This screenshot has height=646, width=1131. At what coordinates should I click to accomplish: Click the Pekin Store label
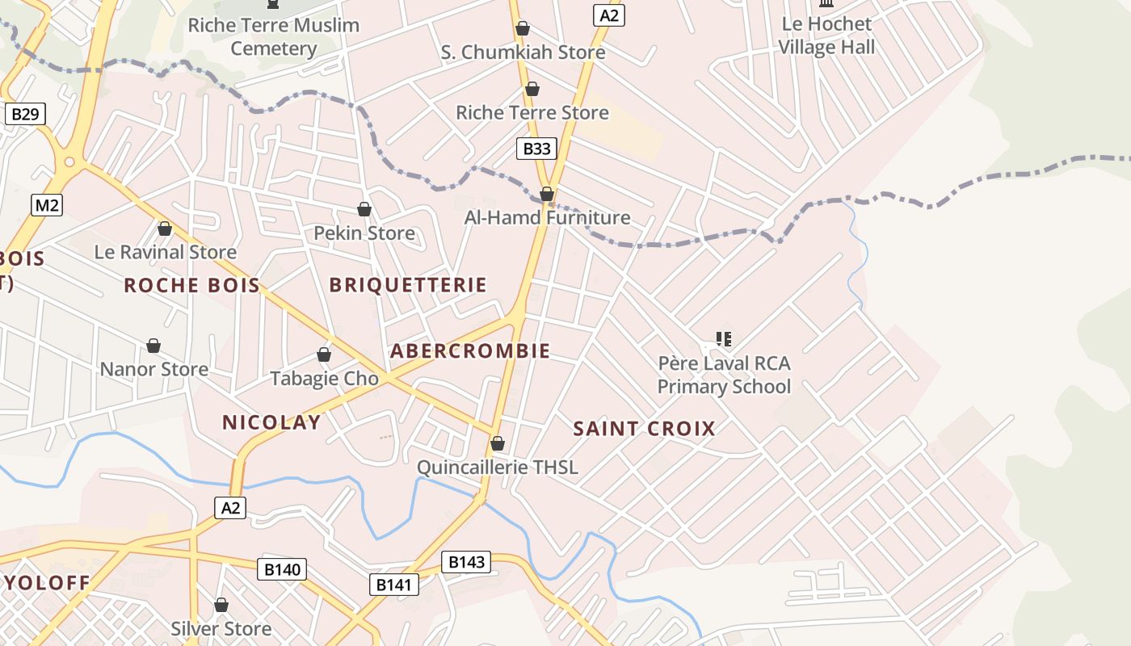(x=364, y=233)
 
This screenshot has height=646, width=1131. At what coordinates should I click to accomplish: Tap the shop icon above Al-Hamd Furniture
(x=547, y=194)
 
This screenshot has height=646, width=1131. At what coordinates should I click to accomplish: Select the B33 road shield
(x=536, y=148)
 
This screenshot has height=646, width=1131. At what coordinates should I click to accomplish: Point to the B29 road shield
(x=25, y=114)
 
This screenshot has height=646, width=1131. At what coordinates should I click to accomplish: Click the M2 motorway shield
(x=47, y=205)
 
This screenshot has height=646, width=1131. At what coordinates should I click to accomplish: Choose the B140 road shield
(x=282, y=569)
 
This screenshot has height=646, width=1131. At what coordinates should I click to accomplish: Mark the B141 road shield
(x=395, y=585)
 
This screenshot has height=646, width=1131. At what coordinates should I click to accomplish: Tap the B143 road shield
(x=466, y=562)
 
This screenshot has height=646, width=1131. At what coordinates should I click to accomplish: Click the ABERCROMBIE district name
(x=470, y=351)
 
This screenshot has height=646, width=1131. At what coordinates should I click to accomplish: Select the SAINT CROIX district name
(x=645, y=429)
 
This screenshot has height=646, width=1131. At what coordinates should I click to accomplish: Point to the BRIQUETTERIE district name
(x=408, y=285)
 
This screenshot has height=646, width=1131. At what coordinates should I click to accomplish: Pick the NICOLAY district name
(x=271, y=422)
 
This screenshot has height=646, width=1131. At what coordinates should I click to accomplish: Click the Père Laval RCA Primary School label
(x=724, y=375)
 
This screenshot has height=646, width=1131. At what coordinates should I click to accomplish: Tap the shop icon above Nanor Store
(x=153, y=346)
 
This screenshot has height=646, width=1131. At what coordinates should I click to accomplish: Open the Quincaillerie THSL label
(x=498, y=468)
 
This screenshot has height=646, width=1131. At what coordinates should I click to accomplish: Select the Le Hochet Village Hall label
(x=826, y=36)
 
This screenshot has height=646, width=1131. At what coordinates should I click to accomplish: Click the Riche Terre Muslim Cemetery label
(x=274, y=36)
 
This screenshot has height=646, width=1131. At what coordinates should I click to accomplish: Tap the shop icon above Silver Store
(x=221, y=605)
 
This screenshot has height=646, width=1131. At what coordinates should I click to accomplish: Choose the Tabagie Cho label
(x=324, y=378)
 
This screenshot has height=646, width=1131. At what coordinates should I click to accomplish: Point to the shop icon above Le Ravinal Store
(x=165, y=229)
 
